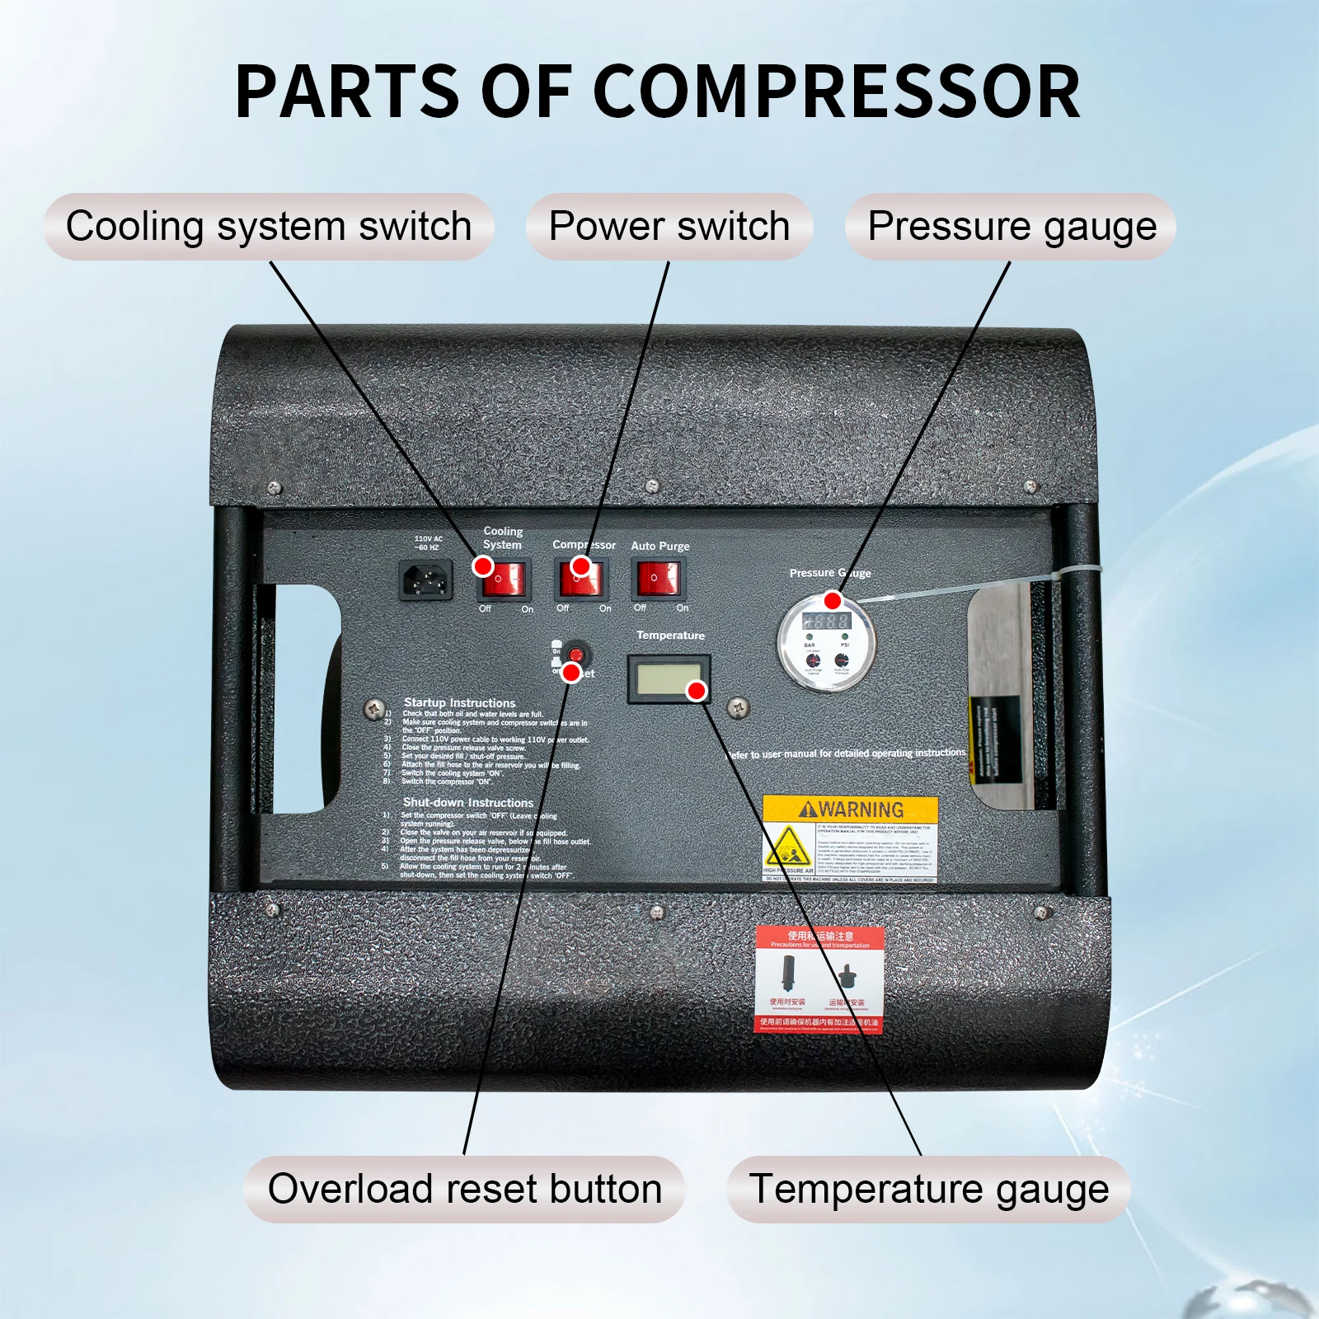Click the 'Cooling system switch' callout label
pos(269,227)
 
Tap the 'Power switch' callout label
pos(669,227)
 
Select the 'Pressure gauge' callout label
pos(1012,227)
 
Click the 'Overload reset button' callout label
pos(464,1189)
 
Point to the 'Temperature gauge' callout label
pos(929,1189)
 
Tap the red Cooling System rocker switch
pos(505,580)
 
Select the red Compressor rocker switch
pos(581,579)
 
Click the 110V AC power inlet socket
pos(425,580)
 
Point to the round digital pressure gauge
pos(826,644)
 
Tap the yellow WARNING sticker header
pos(851,810)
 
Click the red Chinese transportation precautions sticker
pos(819,979)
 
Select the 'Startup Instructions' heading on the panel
pos(459,702)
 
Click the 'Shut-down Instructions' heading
pos(467,802)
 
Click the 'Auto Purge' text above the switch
pos(659,546)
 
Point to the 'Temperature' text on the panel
pos(670,636)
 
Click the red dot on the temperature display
pos(697,691)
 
